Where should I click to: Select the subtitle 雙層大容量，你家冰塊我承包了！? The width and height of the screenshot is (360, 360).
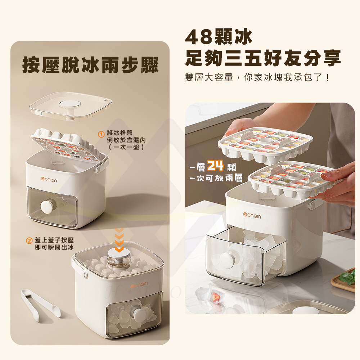pos(257,77)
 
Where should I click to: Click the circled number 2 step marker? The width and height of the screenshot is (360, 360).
pos(29,240)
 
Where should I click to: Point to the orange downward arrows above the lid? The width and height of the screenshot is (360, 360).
pos(119,240)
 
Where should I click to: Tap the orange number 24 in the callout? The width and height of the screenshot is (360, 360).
pos(216,166)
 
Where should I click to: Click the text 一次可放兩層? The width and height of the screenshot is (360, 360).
pos(216,179)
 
